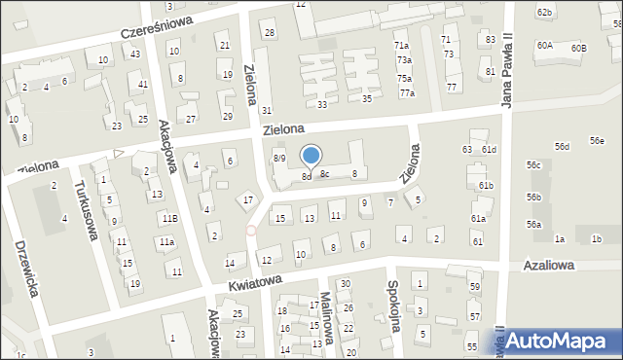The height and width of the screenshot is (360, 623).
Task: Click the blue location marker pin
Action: click(x=311, y=156)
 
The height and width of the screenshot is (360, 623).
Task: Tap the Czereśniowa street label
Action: click(x=157, y=26)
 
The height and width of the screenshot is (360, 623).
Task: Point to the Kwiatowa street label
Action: click(x=255, y=282)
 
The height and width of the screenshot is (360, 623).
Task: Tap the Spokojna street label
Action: click(x=394, y=307)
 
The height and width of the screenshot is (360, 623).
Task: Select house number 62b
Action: click(x=544, y=12)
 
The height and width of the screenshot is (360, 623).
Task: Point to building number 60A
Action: click(x=544, y=46)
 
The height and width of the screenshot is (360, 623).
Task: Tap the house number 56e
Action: click(x=597, y=141)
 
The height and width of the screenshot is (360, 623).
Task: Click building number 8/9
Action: click(x=278, y=158)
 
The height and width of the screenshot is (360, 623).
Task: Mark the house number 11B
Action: click(x=170, y=219)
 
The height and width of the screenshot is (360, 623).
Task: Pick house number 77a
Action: click(x=407, y=93)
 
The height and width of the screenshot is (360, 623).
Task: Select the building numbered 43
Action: click(x=135, y=54)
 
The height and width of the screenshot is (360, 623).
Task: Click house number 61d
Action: click(x=489, y=149)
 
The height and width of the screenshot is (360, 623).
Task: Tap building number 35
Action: click(x=367, y=98)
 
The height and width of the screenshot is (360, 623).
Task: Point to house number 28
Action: click(x=270, y=33)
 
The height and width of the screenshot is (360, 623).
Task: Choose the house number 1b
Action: click(x=597, y=238)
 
